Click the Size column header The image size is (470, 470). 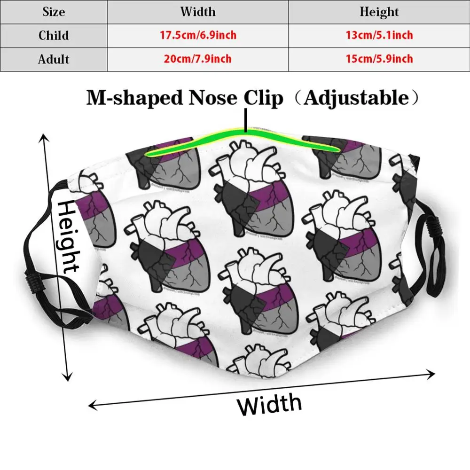tap(54, 12)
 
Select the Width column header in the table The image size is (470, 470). tap(197, 12)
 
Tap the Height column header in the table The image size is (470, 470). tap(379, 12)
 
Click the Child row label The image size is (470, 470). tap(54, 36)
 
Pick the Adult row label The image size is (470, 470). tap(54, 59)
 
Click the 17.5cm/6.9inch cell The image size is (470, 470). tap(197, 36)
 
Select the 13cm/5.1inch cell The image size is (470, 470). tap(379, 36)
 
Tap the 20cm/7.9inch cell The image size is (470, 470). tap(197, 59)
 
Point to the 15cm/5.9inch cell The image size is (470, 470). tap(379, 59)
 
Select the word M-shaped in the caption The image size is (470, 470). tap(134, 98)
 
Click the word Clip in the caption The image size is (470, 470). tap(263, 98)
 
